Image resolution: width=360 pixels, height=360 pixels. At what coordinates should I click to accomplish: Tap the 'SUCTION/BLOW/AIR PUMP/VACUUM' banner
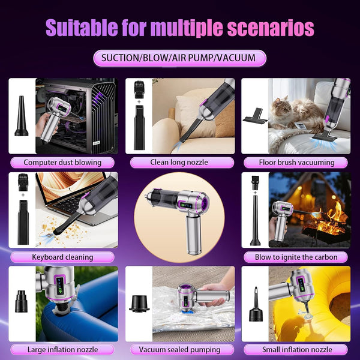coord(179,58)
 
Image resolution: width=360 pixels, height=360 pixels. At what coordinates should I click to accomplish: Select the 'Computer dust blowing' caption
coord(62,162)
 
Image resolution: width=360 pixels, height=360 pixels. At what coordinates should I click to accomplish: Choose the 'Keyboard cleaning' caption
coord(62,257)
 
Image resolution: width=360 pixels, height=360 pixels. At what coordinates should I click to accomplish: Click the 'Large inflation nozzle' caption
coord(62,349)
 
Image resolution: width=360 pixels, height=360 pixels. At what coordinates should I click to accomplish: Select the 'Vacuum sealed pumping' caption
coord(179,349)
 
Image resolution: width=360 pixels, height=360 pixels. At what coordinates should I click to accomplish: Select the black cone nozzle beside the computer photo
coord(22,117)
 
